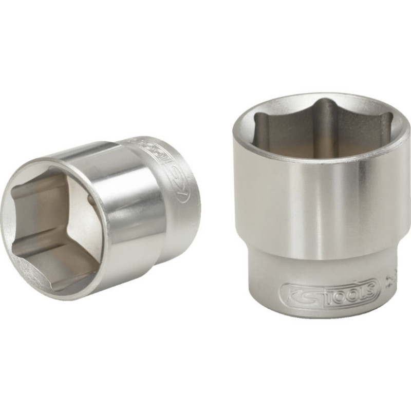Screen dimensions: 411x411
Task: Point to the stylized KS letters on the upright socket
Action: pos(299,293)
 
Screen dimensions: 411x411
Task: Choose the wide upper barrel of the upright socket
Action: pos(324,206)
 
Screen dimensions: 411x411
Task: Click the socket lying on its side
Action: pos(103,216)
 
